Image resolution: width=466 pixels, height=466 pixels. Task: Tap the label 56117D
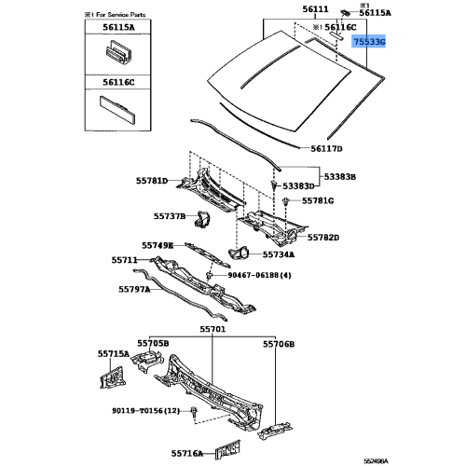click(327, 149)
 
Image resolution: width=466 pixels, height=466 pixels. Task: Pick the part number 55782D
click(323, 239)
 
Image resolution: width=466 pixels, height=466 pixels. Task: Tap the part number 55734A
click(277, 254)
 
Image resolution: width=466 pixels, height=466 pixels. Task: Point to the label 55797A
click(133, 289)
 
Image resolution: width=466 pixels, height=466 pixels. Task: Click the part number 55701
click(212, 329)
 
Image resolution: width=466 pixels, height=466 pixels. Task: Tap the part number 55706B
click(278, 344)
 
